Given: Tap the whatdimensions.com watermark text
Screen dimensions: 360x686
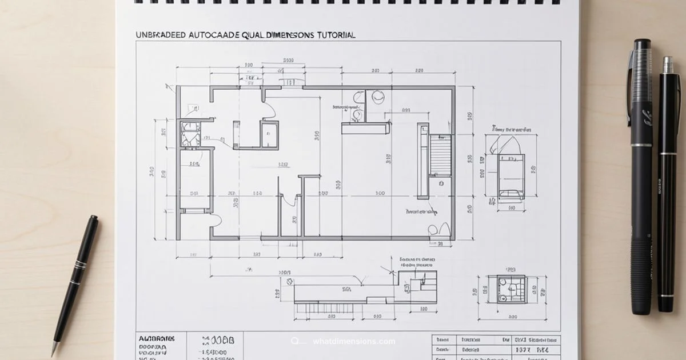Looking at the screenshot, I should pyautogui.click(x=354, y=342).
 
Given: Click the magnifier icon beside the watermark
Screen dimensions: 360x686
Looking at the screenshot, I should pyautogui.click(x=295, y=342).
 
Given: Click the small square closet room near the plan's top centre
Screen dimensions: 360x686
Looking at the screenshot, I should pyautogui.click(x=269, y=135).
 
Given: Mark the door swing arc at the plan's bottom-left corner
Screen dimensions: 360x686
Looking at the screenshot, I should pyautogui.click(x=216, y=221).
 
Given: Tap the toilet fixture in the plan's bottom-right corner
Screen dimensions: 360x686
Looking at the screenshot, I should pyautogui.click(x=433, y=230).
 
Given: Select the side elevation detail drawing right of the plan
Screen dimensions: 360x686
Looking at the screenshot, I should pyautogui.click(x=510, y=167).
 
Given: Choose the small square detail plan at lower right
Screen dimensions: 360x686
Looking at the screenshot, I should pyautogui.click(x=510, y=289).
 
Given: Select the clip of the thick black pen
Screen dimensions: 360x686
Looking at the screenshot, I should pyautogui.click(x=630, y=86).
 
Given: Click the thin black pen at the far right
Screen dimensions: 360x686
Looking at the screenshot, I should pyautogui.click(x=666, y=183).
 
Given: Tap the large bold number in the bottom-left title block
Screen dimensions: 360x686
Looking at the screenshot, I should pyautogui.click(x=215, y=341).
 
